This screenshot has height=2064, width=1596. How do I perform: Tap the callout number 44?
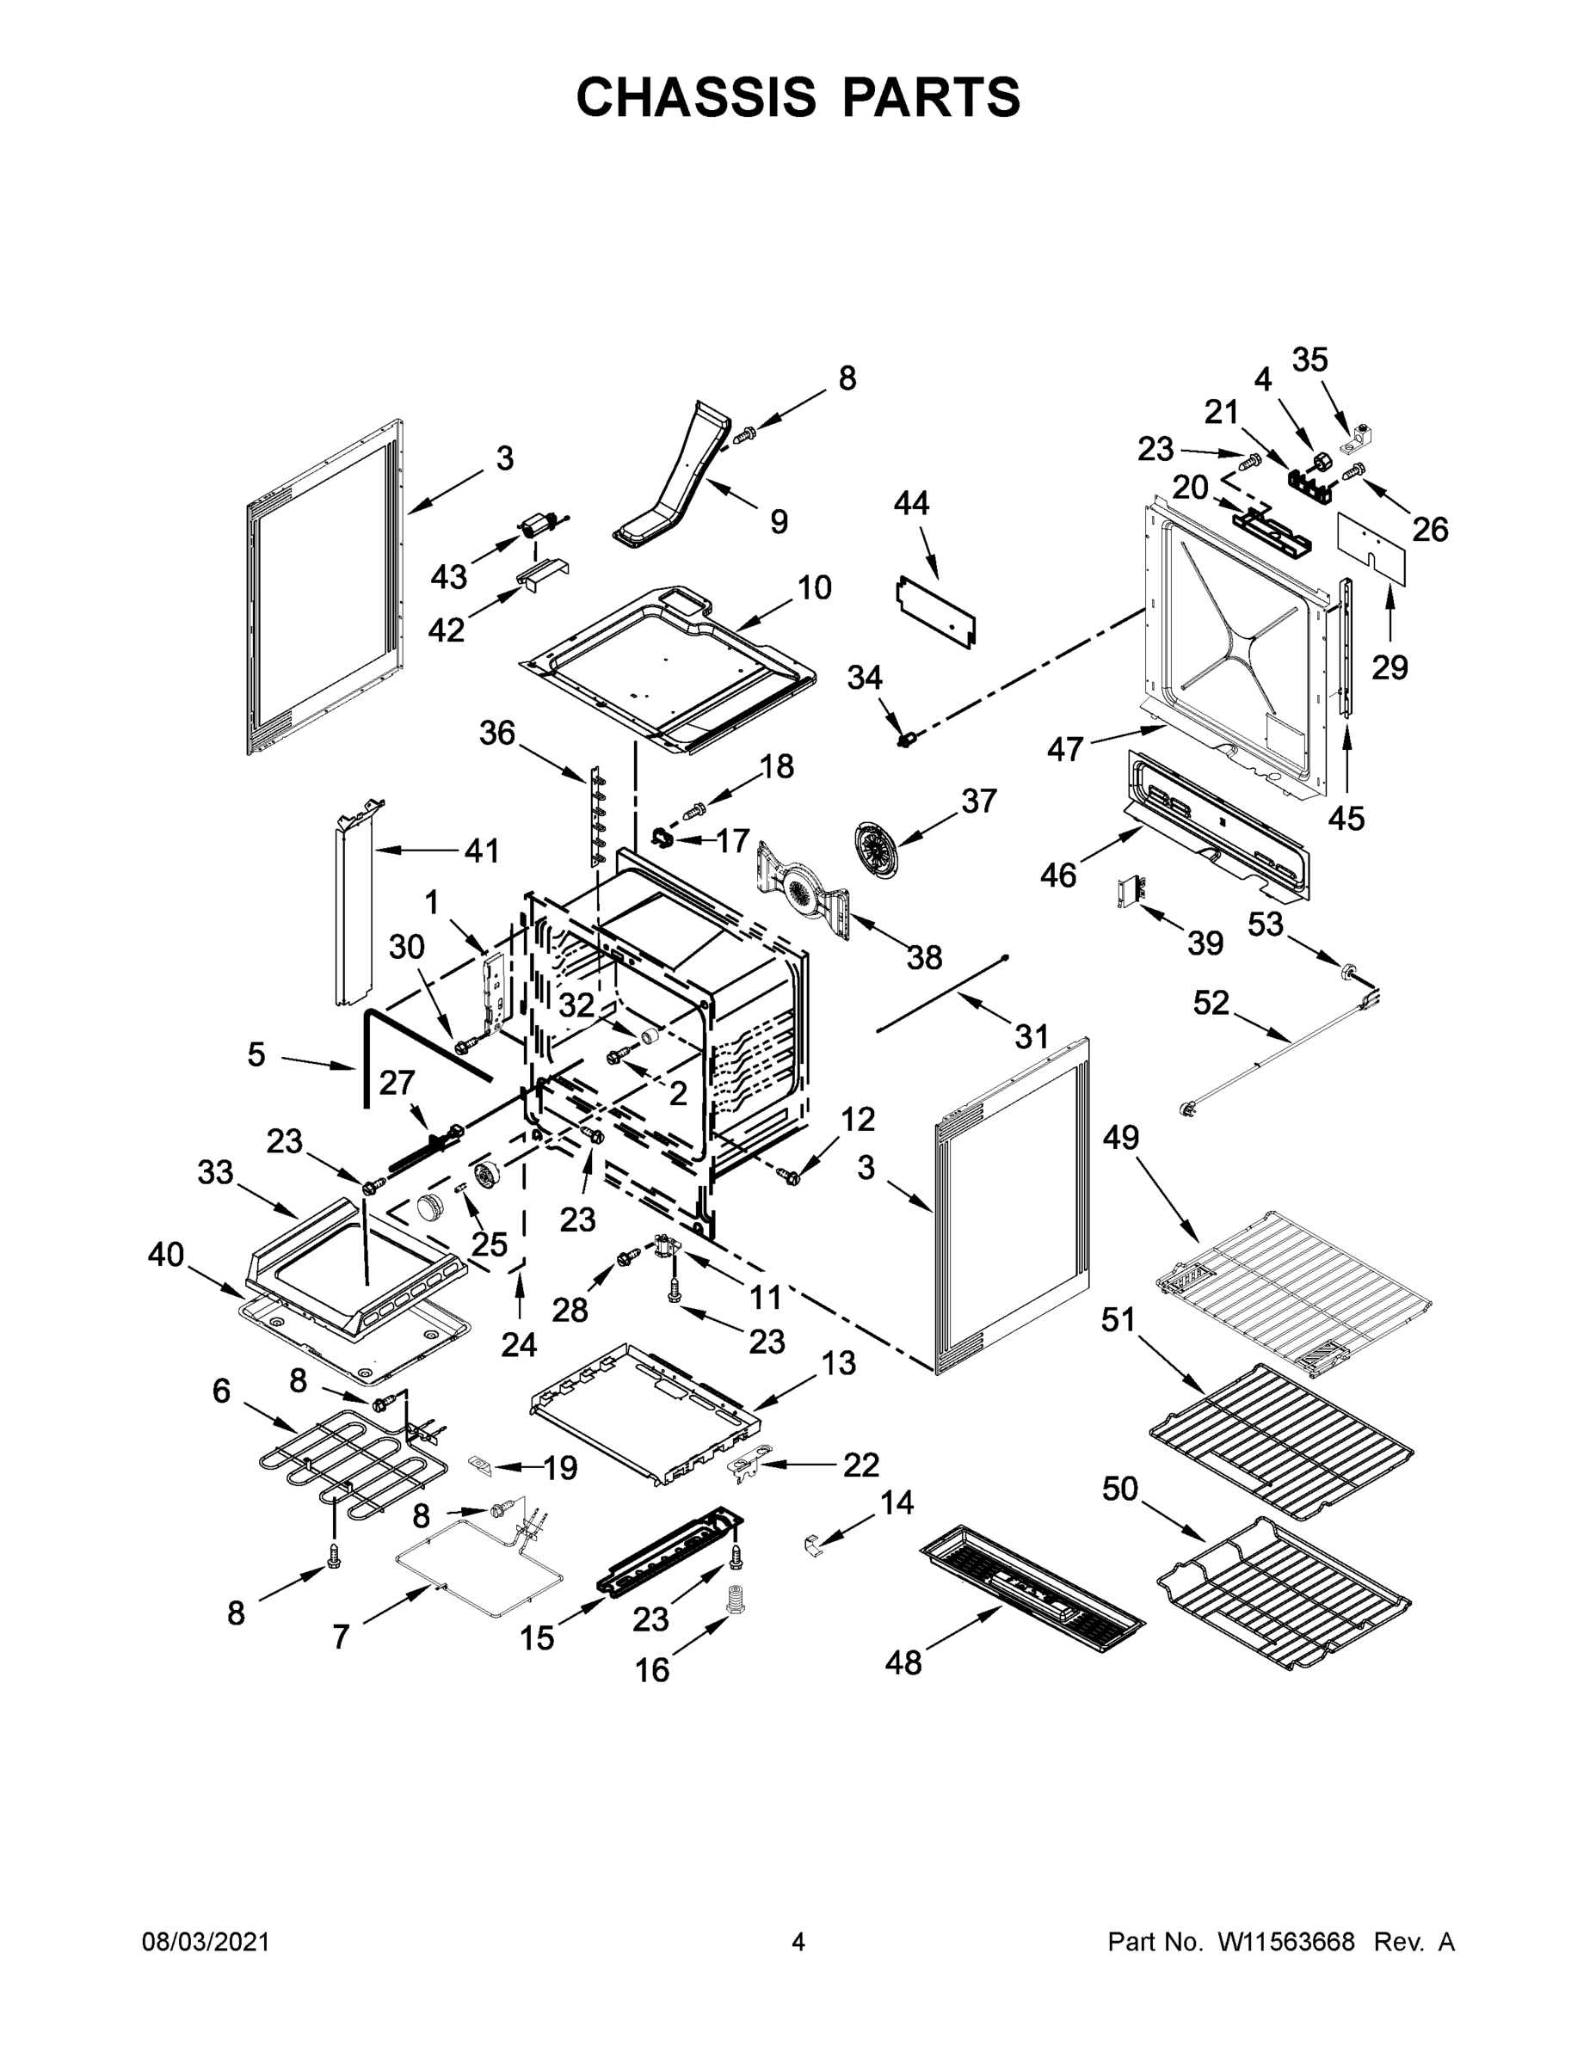coord(911,504)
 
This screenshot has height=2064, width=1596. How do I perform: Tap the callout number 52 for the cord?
coord(1211,1003)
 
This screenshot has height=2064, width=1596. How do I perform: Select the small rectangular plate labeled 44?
coord(935,613)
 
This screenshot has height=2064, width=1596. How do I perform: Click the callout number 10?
coord(814,588)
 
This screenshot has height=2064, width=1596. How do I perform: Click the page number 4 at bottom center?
coord(798,1943)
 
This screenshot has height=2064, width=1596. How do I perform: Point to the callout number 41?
coord(481,851)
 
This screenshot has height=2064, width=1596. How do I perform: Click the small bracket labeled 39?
coord(1131,890)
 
